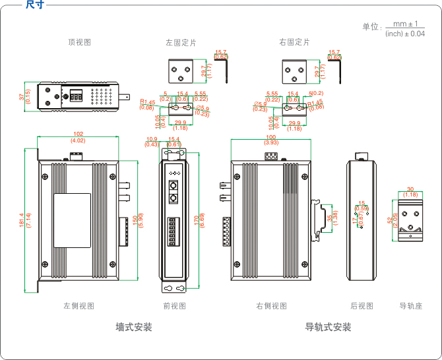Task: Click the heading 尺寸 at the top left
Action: click(34, 5)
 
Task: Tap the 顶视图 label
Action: click(79, 42)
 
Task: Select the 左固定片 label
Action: click(181, 42)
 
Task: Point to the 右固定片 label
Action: click(294, 42)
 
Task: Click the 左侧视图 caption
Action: click(79, 306)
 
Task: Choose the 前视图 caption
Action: click(174, 306)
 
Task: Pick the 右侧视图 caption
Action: click(272, 306)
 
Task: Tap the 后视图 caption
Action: click(362, 306)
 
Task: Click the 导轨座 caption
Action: click(410, 306)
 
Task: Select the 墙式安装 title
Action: click(134, 327)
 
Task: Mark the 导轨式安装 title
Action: click(328, 327)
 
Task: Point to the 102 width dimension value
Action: click(78, 135)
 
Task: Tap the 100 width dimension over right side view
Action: click(271, 137)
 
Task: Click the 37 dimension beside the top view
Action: click(22, 97)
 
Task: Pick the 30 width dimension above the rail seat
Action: click(410, 189)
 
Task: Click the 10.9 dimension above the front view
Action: click(152, 139)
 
